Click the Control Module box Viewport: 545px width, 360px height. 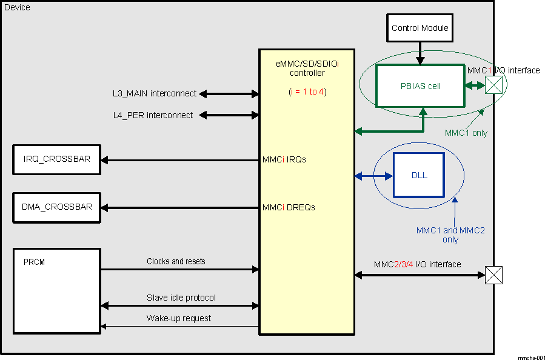(420, 28)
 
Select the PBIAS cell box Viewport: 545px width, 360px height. (420, 86)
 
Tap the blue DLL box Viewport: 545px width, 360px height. (419, 175)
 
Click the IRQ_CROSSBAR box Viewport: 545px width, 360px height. (56, 159)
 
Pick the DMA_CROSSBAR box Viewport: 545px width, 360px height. (56, 207)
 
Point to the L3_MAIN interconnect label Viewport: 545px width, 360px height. (154, 93)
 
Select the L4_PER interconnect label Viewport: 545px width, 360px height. (153, 115)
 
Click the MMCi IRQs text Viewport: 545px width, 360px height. (284, 160)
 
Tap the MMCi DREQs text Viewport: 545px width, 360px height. (288, 207)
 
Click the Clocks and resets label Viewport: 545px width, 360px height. (176, 261)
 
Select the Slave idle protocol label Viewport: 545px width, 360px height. (181, 298)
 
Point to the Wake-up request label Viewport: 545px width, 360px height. (179, 318)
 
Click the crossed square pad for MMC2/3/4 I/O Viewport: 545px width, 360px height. (494, 275)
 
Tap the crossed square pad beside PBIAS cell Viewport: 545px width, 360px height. (494, 86)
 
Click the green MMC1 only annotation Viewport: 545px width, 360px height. (466, 133)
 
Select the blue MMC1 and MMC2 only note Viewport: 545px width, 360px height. (450, 235)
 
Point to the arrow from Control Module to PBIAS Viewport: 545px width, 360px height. (420, 53)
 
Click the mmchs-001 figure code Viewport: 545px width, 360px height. (531, 358)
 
